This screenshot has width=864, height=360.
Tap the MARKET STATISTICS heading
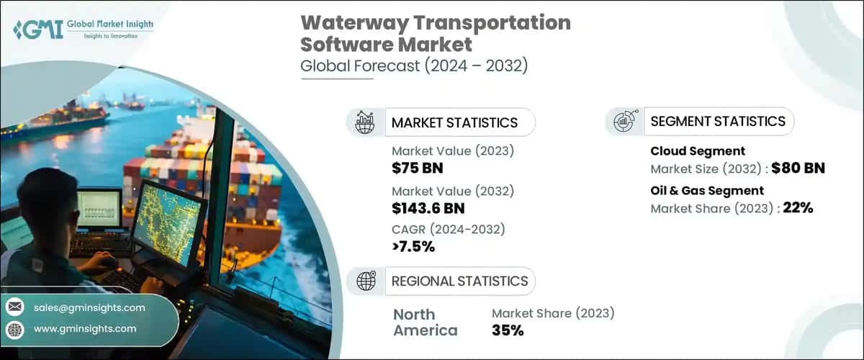tap(454, 122)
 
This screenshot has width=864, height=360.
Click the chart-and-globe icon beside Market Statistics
tap(366, 122)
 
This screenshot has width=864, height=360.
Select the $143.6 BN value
tap(428, 208)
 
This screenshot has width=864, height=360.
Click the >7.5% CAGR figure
tap(413, 247)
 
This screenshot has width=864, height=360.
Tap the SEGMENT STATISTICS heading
tap(718, 121)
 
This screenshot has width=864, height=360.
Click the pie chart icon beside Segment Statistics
tap(624, 122)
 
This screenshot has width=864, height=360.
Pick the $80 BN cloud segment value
tap(798, 169)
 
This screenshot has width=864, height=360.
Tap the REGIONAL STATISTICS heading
tap(459, 281)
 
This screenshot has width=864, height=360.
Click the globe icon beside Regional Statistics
tap(366, 281)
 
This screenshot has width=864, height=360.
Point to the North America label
tap(425, 323)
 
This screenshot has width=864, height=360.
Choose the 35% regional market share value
tap(508, 330)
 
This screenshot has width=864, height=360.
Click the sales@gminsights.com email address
tap(89, 307)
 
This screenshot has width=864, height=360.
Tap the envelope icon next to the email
tap(14, 307)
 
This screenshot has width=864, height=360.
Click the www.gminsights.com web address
tap(85, 328)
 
